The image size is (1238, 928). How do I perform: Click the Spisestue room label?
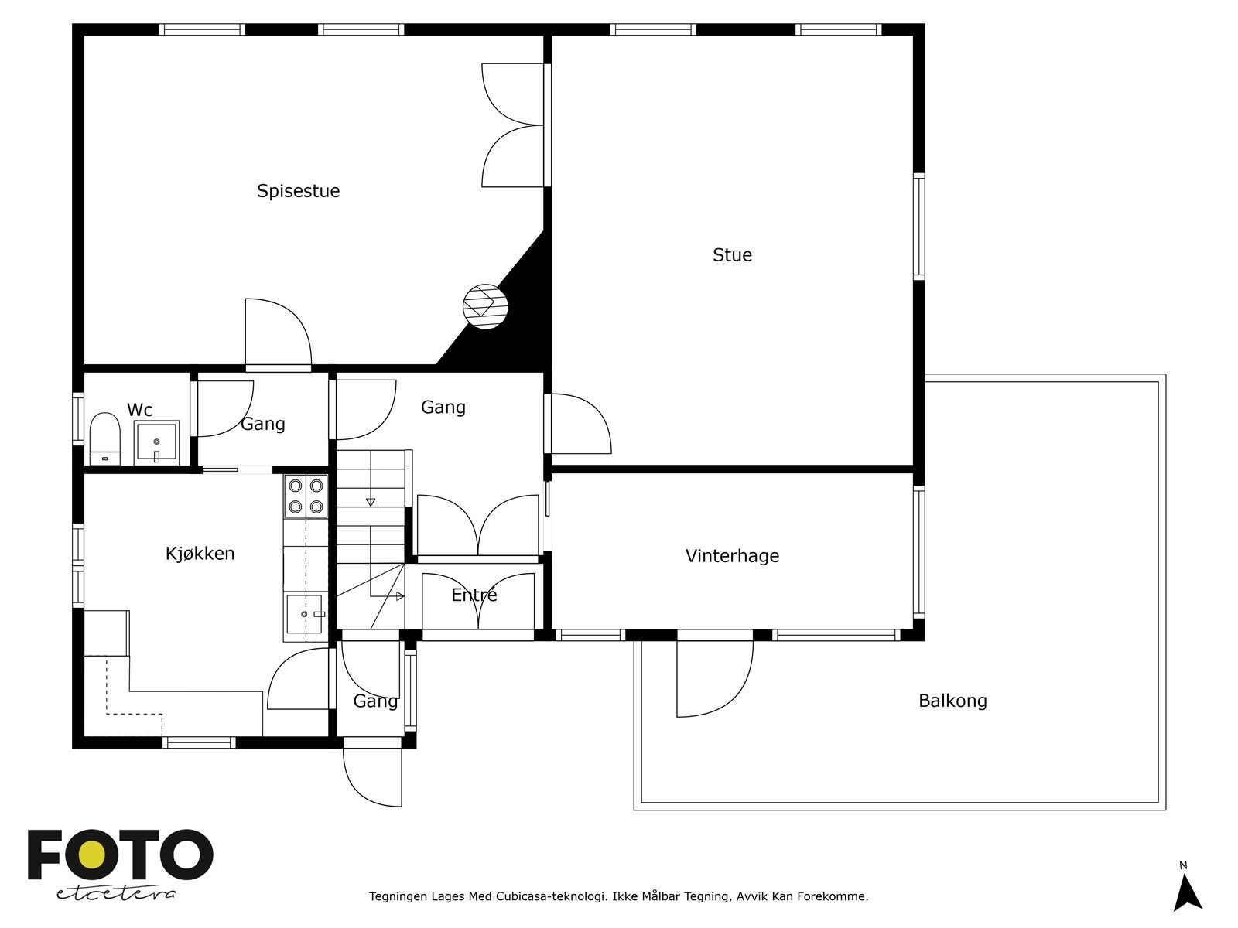(298, 191)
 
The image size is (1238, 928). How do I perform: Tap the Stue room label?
(732, 255)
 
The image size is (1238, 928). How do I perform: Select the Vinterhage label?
(732, 556)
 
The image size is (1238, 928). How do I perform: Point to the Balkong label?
(952, 701)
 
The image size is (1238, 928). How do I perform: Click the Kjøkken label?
(200, 554)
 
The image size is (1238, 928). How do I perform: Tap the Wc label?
(140, 410)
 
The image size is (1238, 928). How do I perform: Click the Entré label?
(474, 595)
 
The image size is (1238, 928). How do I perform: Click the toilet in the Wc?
(104, 438)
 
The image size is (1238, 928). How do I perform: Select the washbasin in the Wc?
(156, 442)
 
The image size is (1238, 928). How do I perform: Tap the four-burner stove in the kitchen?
(306, 496)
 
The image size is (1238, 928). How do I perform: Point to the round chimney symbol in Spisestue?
(485, 306)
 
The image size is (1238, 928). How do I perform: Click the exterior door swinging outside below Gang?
(373, 773)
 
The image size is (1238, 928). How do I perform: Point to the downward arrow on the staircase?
(371, 502)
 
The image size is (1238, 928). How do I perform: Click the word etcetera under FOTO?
(116, 893)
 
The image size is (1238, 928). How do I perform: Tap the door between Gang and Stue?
(579, 424)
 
